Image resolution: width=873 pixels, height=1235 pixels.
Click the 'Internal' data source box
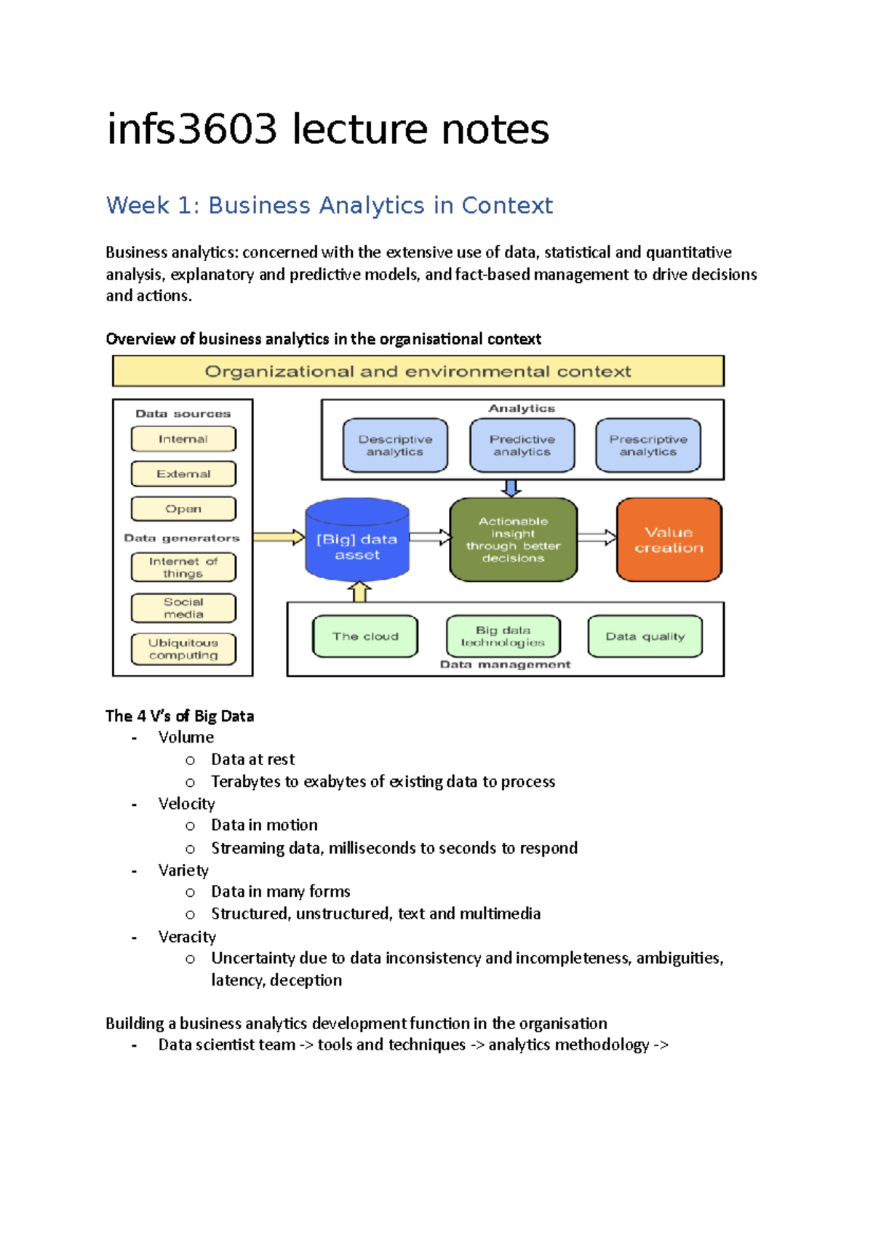pos(183,439)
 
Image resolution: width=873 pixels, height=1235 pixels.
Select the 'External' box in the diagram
pos(183,474)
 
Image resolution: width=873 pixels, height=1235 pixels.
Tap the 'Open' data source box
pos(183,509)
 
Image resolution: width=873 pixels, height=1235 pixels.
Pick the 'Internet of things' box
pos(183,567)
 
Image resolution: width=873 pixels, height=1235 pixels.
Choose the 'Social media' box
pos(183,608)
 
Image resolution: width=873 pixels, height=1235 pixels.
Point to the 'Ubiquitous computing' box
pos(183,649)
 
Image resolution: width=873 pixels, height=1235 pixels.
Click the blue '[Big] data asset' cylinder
pos(357,542)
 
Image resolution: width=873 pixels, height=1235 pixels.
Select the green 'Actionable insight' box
pos(513,540)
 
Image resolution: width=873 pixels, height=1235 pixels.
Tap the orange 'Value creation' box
pos(669,540)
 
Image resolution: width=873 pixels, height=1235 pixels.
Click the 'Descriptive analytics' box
pos(395,445)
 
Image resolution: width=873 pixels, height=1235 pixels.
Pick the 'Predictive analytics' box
pos(522,445)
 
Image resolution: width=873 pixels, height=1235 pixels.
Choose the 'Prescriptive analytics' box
pos(648,445)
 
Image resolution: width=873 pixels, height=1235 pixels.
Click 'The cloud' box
pos(365,636)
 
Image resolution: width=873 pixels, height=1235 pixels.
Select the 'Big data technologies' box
pos(503,636)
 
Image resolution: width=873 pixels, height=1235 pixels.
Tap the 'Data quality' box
pos(645,636)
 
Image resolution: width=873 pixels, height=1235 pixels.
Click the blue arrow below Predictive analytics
pos(511,488)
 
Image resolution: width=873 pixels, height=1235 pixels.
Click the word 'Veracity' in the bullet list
pos(187,937)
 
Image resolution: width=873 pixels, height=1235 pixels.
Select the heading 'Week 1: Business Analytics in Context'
pos(329,206)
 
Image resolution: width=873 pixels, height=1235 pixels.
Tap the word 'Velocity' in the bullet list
pos(186,804)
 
